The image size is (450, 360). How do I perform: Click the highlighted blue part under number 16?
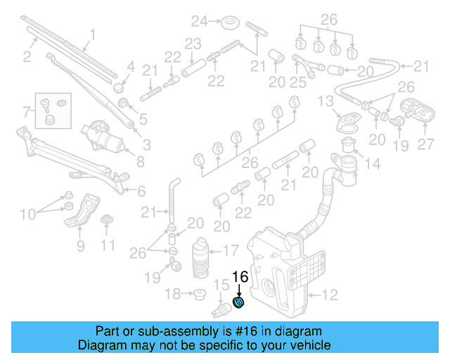tap(238, 303)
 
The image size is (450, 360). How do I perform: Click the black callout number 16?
tap(240, 277)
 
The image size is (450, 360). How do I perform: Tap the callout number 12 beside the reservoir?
tap(329, 295)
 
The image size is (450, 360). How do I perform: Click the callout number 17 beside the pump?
tap(231, 250)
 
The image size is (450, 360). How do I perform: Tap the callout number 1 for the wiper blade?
tap(91, 33)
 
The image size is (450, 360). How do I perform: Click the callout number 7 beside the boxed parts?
tap(26, 111)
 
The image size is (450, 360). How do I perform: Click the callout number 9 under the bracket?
tap(80, 245)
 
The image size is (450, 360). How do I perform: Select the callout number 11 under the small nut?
tap(107, 245)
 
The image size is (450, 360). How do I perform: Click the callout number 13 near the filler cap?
tap(325, 103)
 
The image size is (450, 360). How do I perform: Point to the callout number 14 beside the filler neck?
tap(372, 165)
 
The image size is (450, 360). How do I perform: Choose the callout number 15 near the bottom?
tap(221, 285)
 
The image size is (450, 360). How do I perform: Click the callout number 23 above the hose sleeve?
tap(193, 44)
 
